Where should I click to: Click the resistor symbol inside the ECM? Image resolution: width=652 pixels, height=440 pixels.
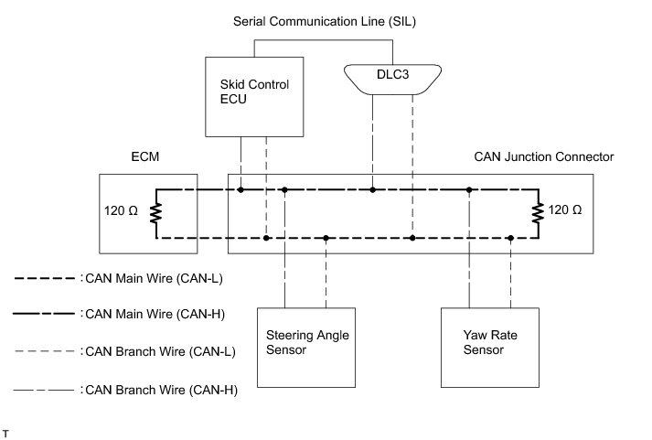[x=156, y=213]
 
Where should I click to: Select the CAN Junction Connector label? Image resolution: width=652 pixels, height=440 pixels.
[x=543, y=156]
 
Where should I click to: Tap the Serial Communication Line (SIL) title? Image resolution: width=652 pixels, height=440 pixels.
[x=326, y=20]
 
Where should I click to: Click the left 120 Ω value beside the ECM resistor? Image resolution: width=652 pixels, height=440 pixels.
[x=123, y=211]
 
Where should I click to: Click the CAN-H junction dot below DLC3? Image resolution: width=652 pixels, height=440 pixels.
[x=373, y=190]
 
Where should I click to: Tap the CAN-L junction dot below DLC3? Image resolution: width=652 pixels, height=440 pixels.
[x=412, y=238]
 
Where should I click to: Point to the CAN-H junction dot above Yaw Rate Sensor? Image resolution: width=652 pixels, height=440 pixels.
[x=469, y=190]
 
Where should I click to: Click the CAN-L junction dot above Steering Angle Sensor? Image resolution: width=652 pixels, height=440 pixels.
[x=326, y=238]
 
